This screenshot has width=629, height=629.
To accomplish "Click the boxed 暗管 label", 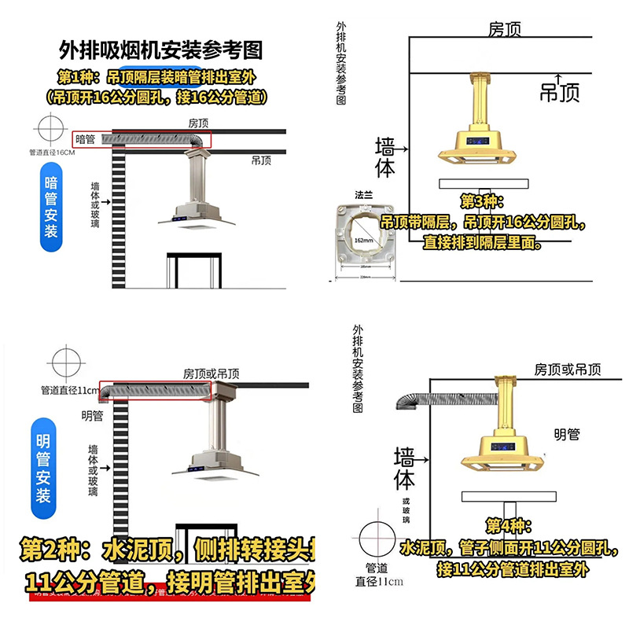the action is click(x=86, y=139).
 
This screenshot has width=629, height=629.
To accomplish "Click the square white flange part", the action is click(x=365, y=234).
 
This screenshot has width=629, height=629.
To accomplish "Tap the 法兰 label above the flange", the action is click(x=363, y=194).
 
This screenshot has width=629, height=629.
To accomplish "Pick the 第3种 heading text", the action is click(x=479, y=201).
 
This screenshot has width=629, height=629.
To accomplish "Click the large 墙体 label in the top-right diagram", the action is click(x=385, y=157).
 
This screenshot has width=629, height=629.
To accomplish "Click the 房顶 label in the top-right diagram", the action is click(x=506, y=29).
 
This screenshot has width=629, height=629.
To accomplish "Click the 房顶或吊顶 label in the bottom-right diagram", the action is click(x=568, y=369).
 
